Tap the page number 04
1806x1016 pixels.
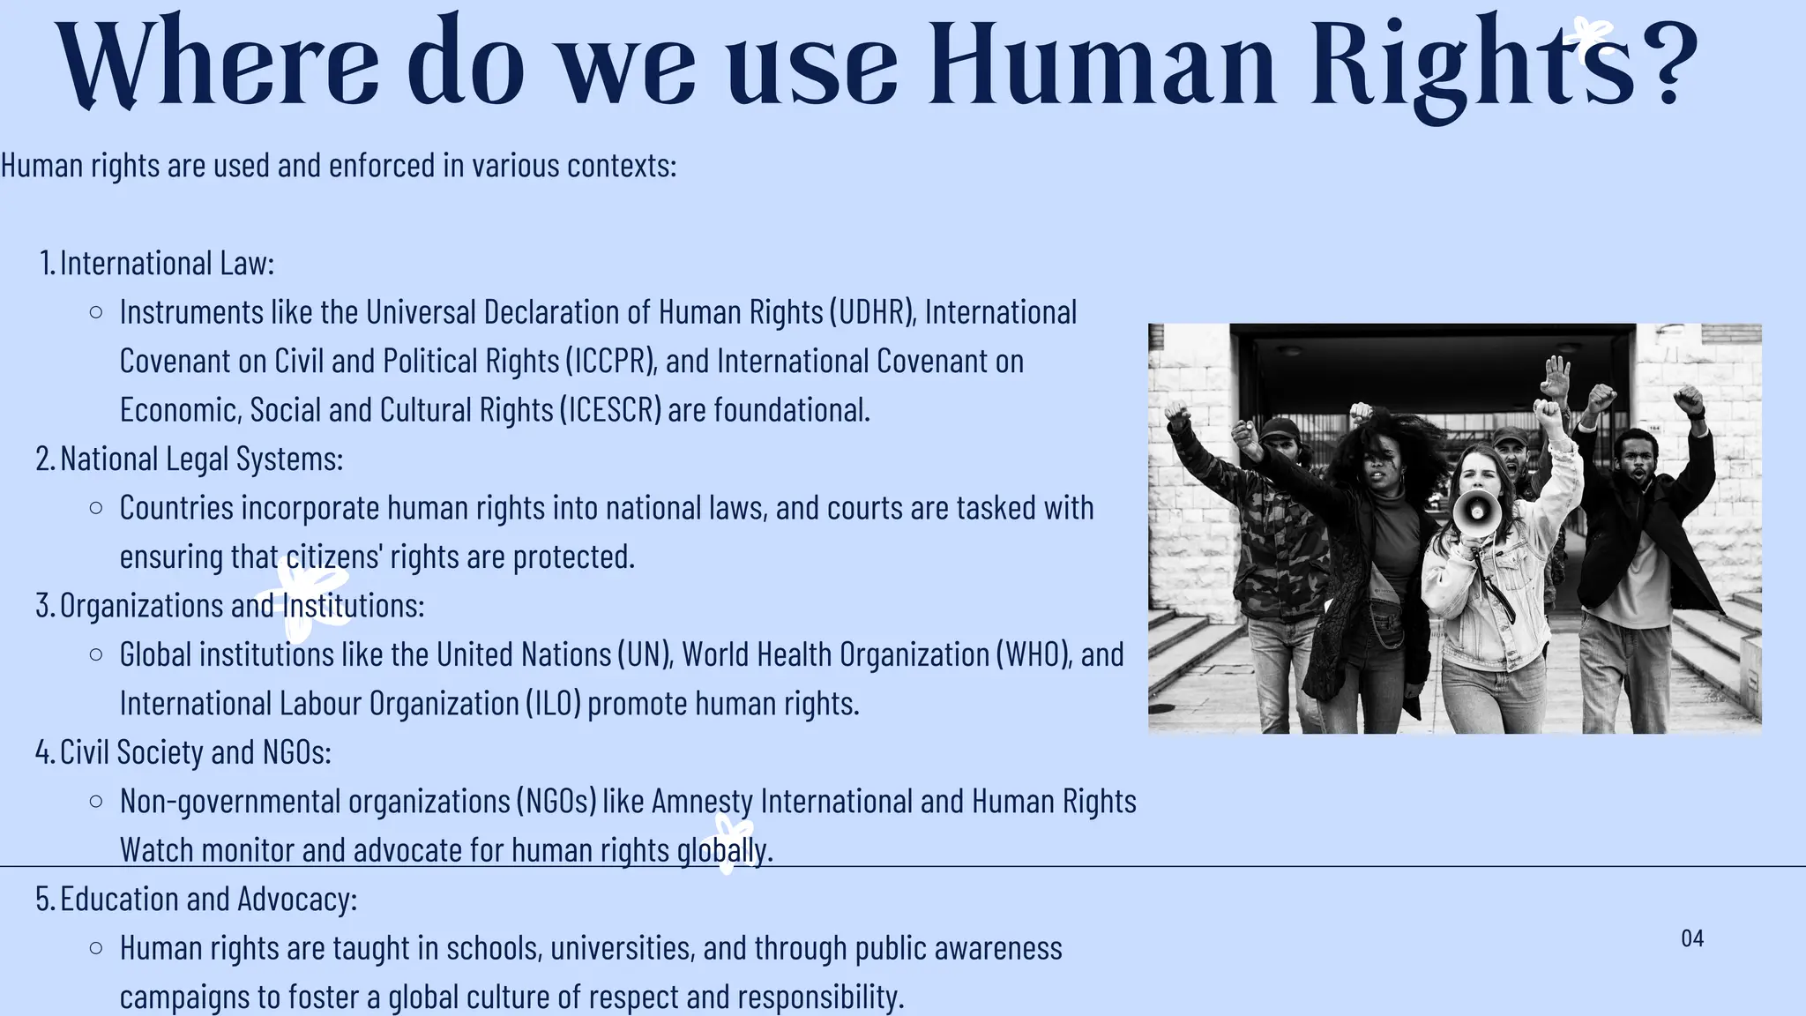[1692, 938]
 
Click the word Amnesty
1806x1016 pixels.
[702, 801]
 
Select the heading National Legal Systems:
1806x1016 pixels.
[201, 459]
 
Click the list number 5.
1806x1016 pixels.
[44, 899]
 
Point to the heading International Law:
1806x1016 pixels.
[167, 263]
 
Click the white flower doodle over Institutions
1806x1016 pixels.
[306, 601]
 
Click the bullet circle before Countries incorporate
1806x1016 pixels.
[96, 508]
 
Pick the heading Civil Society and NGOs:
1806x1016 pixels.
[195, 752]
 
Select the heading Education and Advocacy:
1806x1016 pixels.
[208, 899]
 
